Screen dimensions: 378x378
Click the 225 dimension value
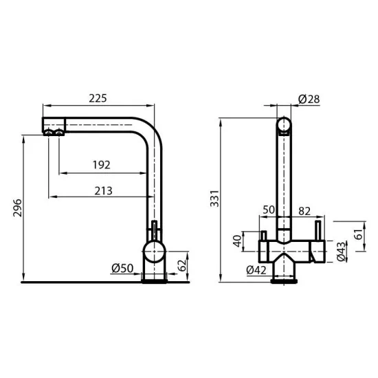point(98,98)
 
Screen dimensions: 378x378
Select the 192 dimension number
point(101,164)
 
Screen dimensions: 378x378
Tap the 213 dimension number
point(103,190)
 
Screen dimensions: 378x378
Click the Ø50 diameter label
point(122,268)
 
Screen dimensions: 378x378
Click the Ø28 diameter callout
point(309,100)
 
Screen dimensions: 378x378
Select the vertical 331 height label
point(214,200)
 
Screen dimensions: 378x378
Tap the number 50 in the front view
point(269,209)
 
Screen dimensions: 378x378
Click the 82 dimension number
point(305,209)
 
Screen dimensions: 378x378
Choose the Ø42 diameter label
point(256,270)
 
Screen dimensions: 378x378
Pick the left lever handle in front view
point(263,236)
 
